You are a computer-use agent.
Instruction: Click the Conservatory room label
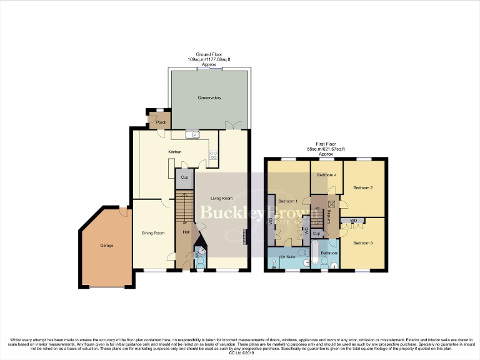coord(209,98)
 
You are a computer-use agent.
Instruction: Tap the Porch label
coord(152,122)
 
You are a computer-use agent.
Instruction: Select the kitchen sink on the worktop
coord(192,134)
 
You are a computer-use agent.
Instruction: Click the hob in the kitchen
coord(213,155)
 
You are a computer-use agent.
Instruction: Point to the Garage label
coord(107,246)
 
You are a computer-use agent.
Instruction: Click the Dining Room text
coord(153,233)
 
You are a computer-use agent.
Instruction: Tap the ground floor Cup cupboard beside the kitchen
coord(184,178)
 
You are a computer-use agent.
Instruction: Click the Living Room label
coord(222,198)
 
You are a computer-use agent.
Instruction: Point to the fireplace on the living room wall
coord(246,237)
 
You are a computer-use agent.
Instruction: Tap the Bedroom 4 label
coord(326,175)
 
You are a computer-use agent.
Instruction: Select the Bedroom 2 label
coord(362,187)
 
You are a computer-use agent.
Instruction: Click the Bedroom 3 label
coord(362,242)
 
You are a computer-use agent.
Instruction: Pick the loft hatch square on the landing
coord(331,204)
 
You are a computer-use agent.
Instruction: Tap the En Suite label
coord(287,257)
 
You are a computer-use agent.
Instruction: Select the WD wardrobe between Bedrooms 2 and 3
coord(354,221)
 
